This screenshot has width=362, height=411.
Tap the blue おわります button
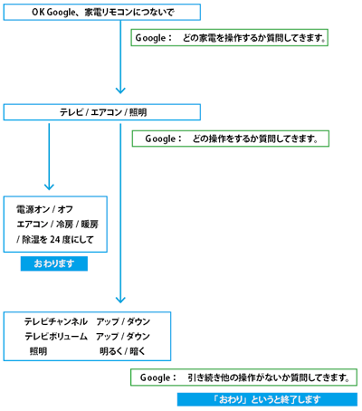point(54,263)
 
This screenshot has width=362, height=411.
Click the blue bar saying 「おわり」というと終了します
point(267,399)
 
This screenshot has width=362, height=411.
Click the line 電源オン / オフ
point(44,209)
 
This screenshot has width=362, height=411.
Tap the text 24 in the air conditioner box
point(55,239)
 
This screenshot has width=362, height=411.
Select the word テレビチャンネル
point(56,321)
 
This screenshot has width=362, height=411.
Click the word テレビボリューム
point(56,336)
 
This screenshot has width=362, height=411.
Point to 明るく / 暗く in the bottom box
point(122,351)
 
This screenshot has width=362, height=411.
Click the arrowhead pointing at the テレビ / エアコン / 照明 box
point(120,91)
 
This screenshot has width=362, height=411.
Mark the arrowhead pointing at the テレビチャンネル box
point(120,300)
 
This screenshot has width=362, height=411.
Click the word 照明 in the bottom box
point(38,351)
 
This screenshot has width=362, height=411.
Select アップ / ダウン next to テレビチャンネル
point(123,321)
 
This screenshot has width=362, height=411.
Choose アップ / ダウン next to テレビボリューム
point(123,336)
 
